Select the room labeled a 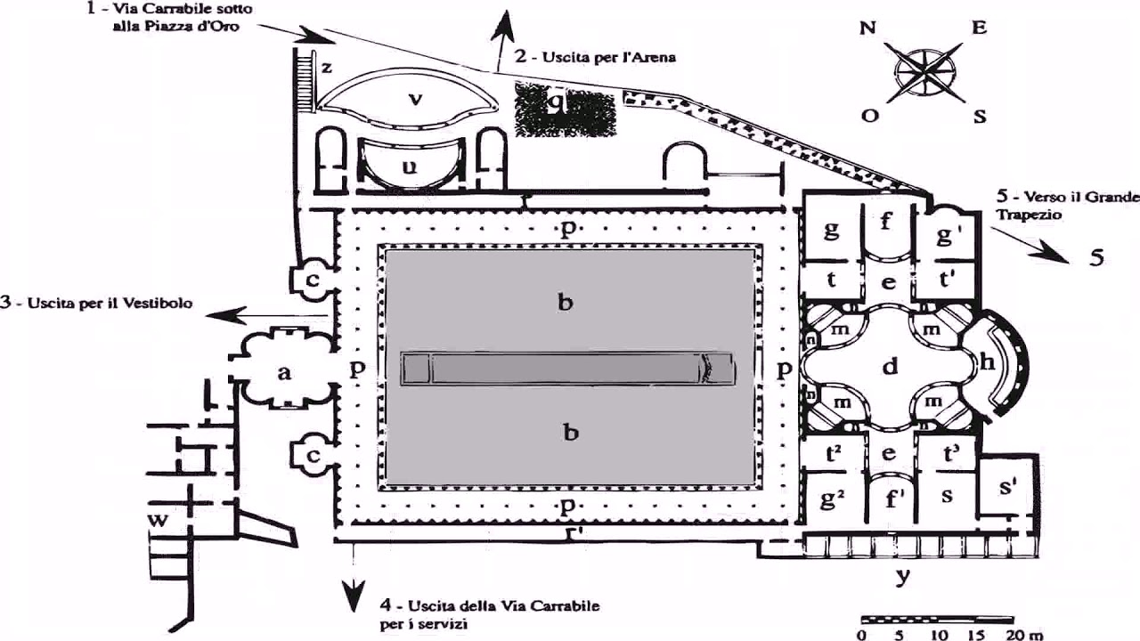click(x=283, y=372)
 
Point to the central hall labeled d click(x=889, y=365)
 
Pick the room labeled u click(x=409, y=166)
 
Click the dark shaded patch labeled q click(x=565, y=109)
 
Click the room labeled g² click(x=832, y=500)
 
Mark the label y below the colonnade click(x=903, y=576)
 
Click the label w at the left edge click(x=159, y=521)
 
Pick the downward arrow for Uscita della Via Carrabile click(x=354, y=591)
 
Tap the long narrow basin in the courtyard click(x=568, y=368)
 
